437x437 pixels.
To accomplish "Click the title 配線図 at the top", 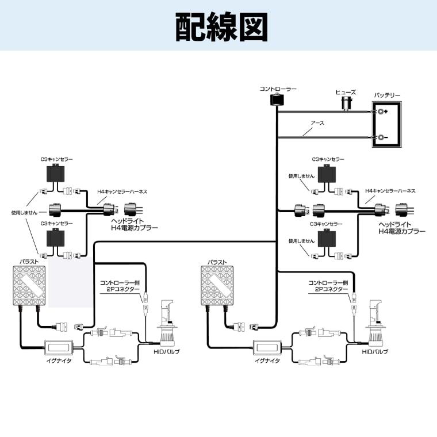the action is (x=221, y=28).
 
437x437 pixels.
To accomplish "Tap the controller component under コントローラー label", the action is (x=277, y=100).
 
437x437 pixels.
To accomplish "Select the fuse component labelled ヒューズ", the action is (x=346, y=103).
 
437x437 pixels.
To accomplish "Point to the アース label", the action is (x=317, y=123).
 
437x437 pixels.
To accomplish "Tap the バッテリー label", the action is (x=387, y=95).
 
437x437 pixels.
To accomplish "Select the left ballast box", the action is (x=29, y=286).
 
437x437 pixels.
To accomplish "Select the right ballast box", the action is (x=217, y=285).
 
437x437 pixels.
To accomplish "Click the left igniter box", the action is (x=59, y=347).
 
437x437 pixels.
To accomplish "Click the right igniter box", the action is (x=267, y=347).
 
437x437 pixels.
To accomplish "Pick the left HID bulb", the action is (x=167, y=323).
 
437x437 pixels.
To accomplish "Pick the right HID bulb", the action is (x=375, y=323).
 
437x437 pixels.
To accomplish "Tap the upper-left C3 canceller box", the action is (x=55, y=173).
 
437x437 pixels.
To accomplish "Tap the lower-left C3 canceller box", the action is (x=55, y=237).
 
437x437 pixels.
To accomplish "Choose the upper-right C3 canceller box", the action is (x=327, y=174).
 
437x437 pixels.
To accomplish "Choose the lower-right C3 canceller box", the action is (x=327, y=239).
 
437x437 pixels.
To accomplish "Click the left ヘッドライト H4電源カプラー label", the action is (x=135, y=224).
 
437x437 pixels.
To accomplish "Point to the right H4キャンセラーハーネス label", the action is (x=390, y=191).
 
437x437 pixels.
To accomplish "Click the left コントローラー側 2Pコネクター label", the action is (x=120, y=286).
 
